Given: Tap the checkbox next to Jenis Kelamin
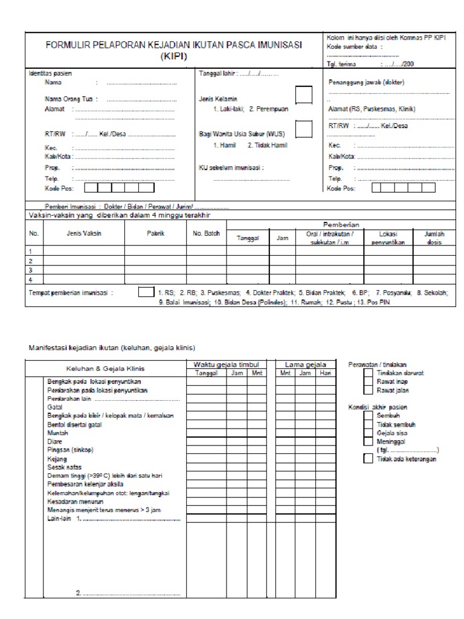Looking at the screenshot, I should [303, 96].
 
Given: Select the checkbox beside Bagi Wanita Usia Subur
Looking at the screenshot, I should [303, 129].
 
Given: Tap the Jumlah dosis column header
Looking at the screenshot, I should [428, 237].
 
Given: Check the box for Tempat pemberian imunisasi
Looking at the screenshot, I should [146, 292].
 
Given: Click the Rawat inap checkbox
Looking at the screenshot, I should [368, 382].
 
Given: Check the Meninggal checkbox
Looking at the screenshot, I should [368, 442].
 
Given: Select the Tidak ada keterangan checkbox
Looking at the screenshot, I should [368, 459].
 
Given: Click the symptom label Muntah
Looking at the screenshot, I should [57, 433].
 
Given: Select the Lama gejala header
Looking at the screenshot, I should [306, 365].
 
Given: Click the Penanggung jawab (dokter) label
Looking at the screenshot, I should [366, 82].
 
